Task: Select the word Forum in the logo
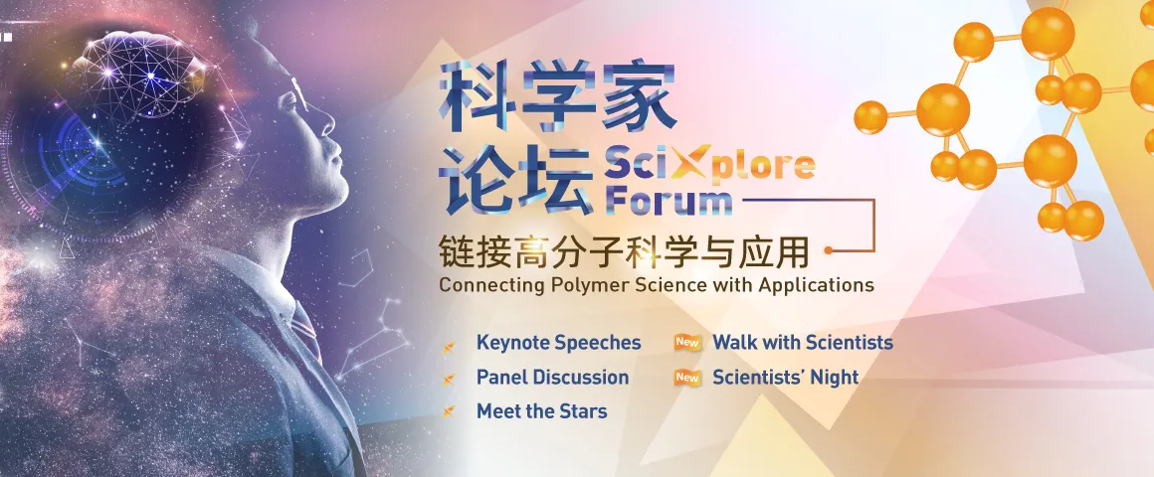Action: (x=669, y=199)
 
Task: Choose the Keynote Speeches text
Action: (x=559, y=343)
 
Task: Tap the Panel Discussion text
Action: (x=553, y=378)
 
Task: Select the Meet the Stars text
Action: (x=541, y=411)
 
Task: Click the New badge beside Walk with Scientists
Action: (x=687, y=343)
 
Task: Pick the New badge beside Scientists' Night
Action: (x=687, y=378)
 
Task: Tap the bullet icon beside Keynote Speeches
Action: (x=448, y=346)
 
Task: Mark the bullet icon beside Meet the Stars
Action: (x=448, y=413)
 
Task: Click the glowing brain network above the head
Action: (x=140, y=74)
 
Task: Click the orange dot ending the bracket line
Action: (x=829, y=250)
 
